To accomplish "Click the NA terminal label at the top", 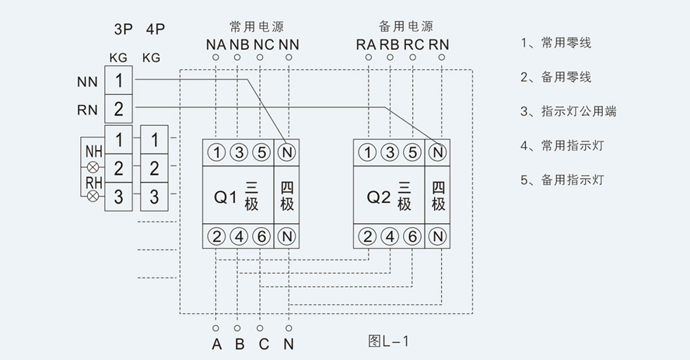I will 215,44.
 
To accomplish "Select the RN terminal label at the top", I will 438,44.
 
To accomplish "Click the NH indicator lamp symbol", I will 93,167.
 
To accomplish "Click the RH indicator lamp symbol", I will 93,196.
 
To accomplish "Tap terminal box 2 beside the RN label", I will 118,110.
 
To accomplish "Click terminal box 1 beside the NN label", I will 118,80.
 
